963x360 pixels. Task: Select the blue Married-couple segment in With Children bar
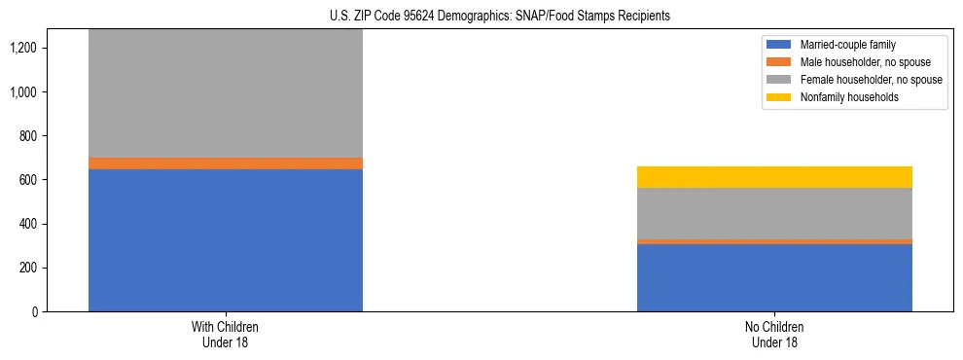226,240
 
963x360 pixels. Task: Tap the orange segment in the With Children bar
226,163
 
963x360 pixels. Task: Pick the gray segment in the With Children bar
226,93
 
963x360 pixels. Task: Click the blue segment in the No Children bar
774,277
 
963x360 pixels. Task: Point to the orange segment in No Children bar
774,241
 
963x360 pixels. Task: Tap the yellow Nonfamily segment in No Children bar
774,177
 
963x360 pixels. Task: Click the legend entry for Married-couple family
847,45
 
